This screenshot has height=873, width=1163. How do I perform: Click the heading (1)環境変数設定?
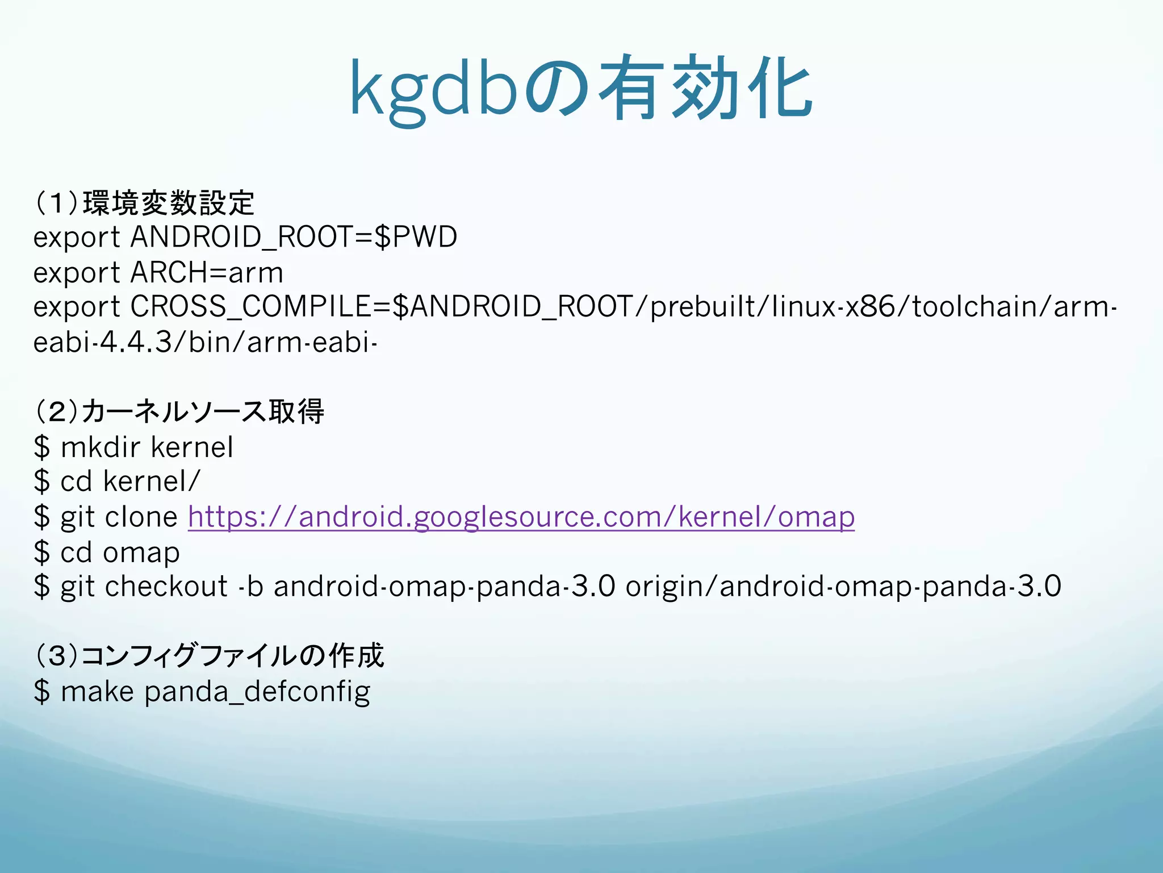point(144,203)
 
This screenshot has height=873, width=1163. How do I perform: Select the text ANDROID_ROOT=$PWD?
point(294,237)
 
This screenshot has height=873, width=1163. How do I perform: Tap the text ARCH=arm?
point(207,272)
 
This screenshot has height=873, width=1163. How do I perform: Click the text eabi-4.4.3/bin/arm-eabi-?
point(205,342)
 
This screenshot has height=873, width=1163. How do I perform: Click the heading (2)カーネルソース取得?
point(179,411)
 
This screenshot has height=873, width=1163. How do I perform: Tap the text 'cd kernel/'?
point(130,481)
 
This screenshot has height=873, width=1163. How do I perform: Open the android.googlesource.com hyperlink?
point(521,517)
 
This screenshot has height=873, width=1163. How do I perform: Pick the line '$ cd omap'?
point(107,552)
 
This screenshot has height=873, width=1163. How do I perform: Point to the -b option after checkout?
point(250,587)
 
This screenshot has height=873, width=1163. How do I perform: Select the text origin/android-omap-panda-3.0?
point(843,587)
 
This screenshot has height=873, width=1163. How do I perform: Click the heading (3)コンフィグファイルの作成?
point(210,655)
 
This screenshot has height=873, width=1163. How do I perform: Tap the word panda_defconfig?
point(257,692)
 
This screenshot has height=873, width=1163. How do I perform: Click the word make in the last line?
point(97,692)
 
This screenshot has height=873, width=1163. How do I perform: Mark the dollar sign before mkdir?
point(41,447)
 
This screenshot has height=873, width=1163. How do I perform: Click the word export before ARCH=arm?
point(77,272)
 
